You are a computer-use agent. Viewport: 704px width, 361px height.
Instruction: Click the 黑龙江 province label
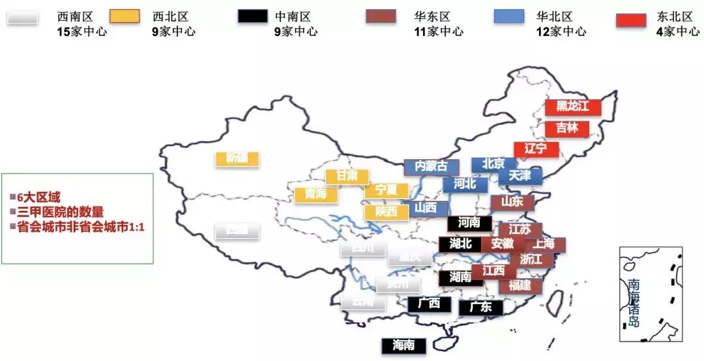(572, 106)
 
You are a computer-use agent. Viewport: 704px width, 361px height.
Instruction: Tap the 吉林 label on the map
(567, 128)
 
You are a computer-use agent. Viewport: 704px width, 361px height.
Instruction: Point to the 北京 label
(494, 164)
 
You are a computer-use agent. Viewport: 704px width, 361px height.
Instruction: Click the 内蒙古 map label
(431, 166)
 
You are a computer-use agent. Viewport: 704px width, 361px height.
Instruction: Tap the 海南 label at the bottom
(403, 345)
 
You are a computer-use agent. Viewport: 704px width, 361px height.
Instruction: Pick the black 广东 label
(481, 307)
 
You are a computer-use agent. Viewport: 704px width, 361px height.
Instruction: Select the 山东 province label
(512, 202)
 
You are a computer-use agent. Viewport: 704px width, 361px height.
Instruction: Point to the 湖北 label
(460, 243)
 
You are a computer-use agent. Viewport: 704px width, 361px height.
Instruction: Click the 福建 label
(520, 285)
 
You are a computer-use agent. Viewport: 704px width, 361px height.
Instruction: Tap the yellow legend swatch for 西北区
(125, 17)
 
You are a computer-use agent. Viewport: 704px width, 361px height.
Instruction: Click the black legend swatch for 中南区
(252, 17)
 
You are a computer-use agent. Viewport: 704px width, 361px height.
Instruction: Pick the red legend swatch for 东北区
(631, 20)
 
